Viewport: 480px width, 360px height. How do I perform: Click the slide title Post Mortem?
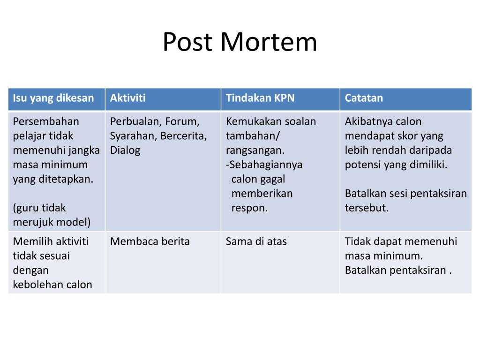click(240, 42)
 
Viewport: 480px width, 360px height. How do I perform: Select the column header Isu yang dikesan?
click(53, 98)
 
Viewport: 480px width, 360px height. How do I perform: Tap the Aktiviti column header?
click(127, 98)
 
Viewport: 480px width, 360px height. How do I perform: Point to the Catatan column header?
click(364, 98)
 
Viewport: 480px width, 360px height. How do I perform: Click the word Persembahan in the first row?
click(46, 122)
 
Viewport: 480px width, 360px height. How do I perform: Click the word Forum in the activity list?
click(180, 122)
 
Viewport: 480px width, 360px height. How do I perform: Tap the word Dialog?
click(125, 150)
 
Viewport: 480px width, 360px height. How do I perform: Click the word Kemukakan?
click(253, 122)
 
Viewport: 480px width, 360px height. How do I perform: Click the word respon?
click(249, 208)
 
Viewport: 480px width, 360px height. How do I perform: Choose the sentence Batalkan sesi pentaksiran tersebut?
click(405, 201)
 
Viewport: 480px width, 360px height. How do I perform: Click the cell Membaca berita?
click(150, 242)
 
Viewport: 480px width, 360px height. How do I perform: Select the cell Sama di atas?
click(256, 242)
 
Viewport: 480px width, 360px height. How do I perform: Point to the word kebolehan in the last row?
click(36, 285)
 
